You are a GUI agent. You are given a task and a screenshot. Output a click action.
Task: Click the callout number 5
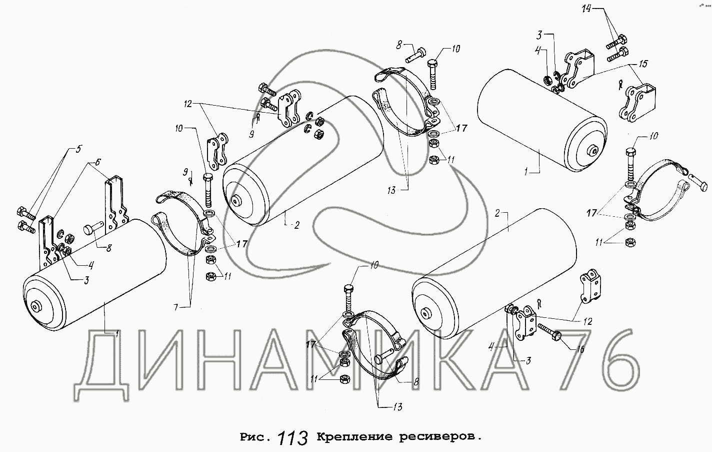[78, 149]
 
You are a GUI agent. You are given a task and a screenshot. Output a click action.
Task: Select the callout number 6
[97, 162]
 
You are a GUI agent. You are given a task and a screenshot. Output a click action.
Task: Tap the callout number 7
[176, 307]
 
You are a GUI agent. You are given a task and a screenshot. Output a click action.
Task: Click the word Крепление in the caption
[354, 437]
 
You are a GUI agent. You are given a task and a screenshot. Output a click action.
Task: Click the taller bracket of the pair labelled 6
[116, 204]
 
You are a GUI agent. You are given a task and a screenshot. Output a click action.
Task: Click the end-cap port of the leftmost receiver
[34, 306]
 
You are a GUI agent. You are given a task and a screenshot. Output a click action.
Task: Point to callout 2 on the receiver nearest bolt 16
[497, 213]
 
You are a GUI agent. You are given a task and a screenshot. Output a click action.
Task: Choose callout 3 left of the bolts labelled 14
[539, 36]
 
